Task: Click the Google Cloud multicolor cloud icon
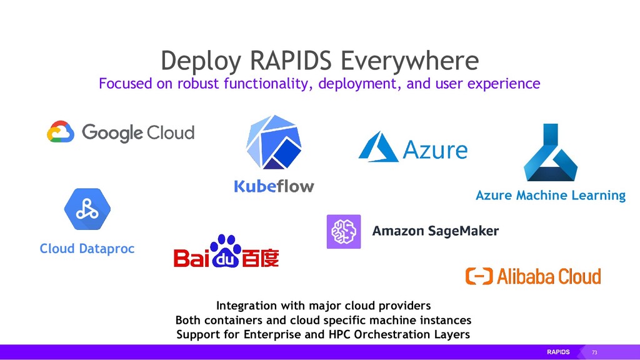click(61, 132)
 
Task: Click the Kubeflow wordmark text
click(274, 186)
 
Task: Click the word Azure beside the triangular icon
click(435, 150)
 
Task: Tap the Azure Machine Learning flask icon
click(550, 152)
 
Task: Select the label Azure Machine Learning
click(550, 196)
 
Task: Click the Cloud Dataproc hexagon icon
click(83, 209)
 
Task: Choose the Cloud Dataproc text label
click(87, 249)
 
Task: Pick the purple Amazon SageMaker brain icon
click(344, 231)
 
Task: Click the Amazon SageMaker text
click(436, 231)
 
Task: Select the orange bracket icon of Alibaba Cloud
click(479, 276)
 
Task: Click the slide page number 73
click(594, 353)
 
